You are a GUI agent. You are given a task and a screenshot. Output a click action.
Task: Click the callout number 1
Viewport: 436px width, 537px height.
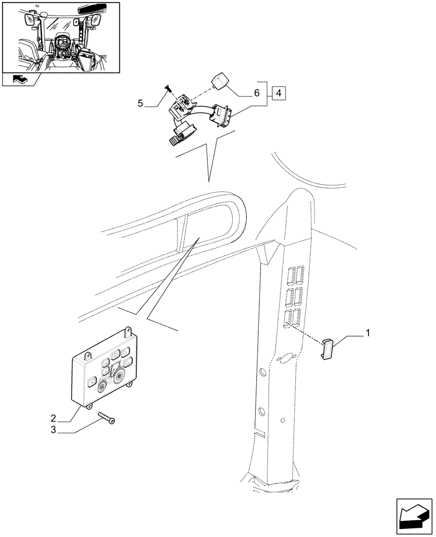(x=367, y=334)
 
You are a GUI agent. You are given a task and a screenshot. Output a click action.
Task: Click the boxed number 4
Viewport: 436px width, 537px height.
(x=279, y=93)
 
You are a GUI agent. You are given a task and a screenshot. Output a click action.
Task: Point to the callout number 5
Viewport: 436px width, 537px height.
(x=141, y=103)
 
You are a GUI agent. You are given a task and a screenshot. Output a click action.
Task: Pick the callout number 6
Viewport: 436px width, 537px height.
(x=258, y=93)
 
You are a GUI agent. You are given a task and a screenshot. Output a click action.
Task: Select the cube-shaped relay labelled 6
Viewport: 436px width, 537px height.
(x=221, y=79)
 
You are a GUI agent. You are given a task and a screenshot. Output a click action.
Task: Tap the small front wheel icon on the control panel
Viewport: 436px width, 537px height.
(x=101, y=386)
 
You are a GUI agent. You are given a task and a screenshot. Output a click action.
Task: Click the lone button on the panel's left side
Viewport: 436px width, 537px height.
(x=90, y=382)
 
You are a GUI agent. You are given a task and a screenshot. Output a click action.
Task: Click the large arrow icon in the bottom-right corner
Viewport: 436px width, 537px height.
(x=414, y=514)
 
